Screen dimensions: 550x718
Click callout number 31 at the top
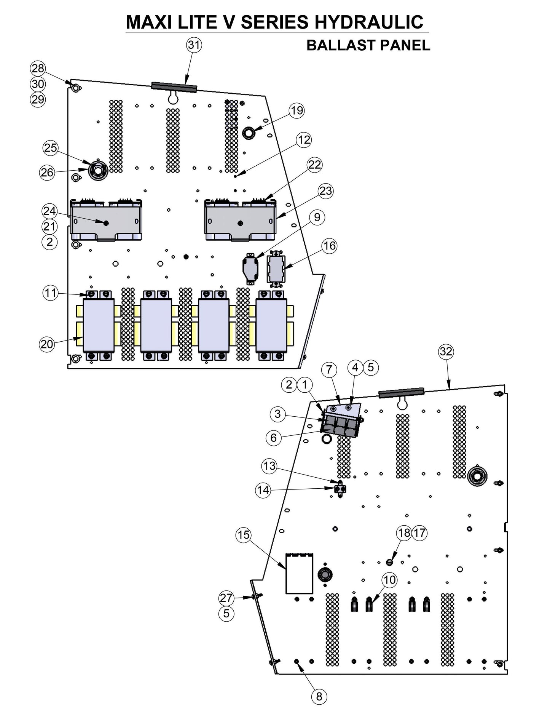point(194,45)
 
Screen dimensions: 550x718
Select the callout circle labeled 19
point(297,110)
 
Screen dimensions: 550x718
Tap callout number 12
point(304,140)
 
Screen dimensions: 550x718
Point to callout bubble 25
point(51,148)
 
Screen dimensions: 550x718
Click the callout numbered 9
point(317,217)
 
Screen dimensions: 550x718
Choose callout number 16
point(330,246)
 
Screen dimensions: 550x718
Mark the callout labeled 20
point(47,344)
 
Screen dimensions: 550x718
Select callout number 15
point(244,535)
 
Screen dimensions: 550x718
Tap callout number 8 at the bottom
point(319,697)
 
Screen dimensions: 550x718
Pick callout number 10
point(389,580)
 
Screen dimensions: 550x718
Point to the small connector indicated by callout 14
point(340,489)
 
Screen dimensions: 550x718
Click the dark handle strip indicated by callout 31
point(174,87)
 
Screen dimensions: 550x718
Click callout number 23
point(326,190)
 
